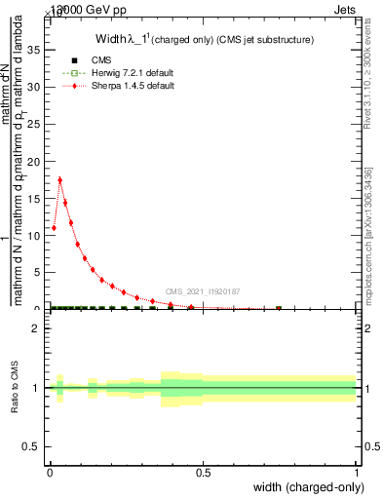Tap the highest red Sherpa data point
(x=60, y=179)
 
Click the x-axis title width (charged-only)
(x=304, y=487)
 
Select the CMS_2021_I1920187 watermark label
(x=203, y=290)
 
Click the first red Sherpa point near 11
(x=54, y=228)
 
